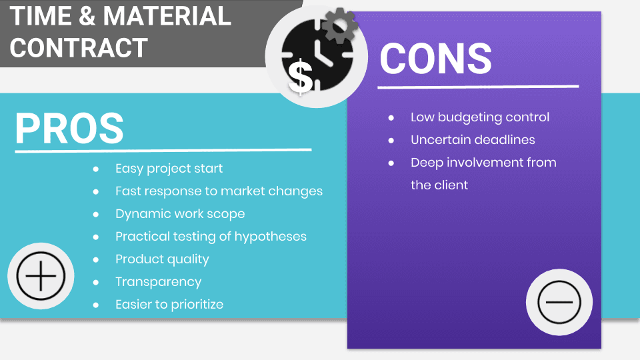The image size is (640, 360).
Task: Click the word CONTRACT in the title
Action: point(79,47)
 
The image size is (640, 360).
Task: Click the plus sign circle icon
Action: point(41,276)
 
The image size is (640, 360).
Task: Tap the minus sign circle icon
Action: point(559,301)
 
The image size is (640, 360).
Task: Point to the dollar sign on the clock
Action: point(301,75)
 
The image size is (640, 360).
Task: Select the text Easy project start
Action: point(169,169)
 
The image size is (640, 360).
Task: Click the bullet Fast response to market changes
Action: point(219,191)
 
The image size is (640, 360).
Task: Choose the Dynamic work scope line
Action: point(180,214)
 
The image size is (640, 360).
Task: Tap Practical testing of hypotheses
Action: point(211,237)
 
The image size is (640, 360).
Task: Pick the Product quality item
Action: point(162,259)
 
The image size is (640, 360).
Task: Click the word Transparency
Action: point(158,282)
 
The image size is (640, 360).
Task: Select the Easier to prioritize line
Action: point(169,305)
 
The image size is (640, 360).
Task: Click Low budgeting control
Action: point(480,117)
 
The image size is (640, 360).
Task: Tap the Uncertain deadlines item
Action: point(473,140)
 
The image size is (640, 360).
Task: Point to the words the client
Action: point(439,185)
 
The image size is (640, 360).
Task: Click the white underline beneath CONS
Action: point(478,87)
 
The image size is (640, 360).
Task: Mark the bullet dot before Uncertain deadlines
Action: point(391,140)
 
